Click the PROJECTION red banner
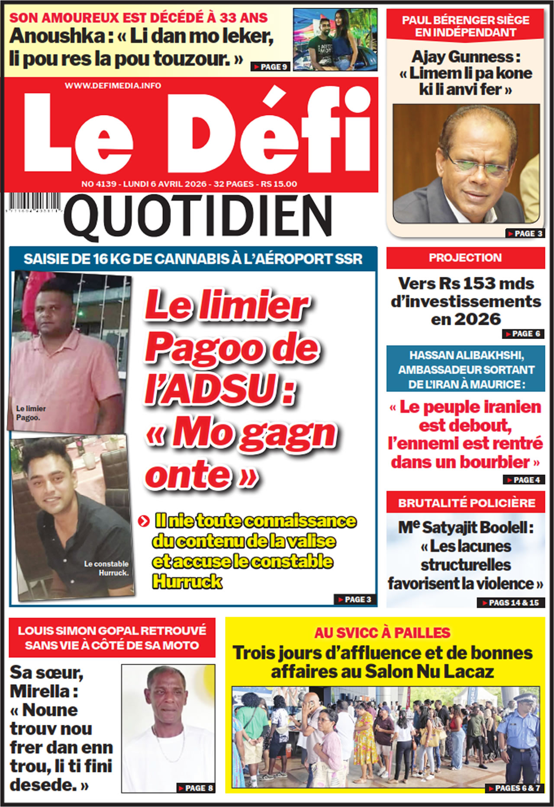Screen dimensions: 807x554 [465, 258]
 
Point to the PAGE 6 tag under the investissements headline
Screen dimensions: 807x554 [523, 334]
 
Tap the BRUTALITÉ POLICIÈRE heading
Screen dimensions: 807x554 [467, 503]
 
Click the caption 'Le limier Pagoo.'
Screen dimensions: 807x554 [30, 413]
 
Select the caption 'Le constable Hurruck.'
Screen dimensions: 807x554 [106, 568]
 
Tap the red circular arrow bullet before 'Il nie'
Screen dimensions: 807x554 [143, 521]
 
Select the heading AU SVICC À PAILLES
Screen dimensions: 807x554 [382, 633]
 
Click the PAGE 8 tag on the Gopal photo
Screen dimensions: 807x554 [196, 788]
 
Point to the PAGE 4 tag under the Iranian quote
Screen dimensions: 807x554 [523, 480]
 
